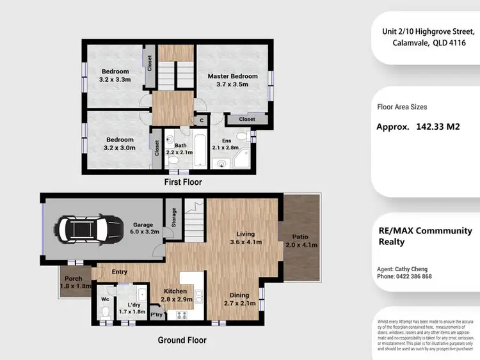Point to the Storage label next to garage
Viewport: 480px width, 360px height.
[173, 217]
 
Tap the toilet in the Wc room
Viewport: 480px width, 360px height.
[106, 312]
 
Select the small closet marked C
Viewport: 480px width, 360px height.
[201, 120]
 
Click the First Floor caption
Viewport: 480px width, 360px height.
[182, 182]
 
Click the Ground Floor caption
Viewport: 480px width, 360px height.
[182, 340]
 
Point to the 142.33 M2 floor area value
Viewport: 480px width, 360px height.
[441, 127]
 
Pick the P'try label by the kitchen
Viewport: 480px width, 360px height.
[156, 315]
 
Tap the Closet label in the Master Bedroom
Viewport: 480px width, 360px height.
[246, 120]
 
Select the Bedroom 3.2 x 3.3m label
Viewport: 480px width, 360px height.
[115, 75]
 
